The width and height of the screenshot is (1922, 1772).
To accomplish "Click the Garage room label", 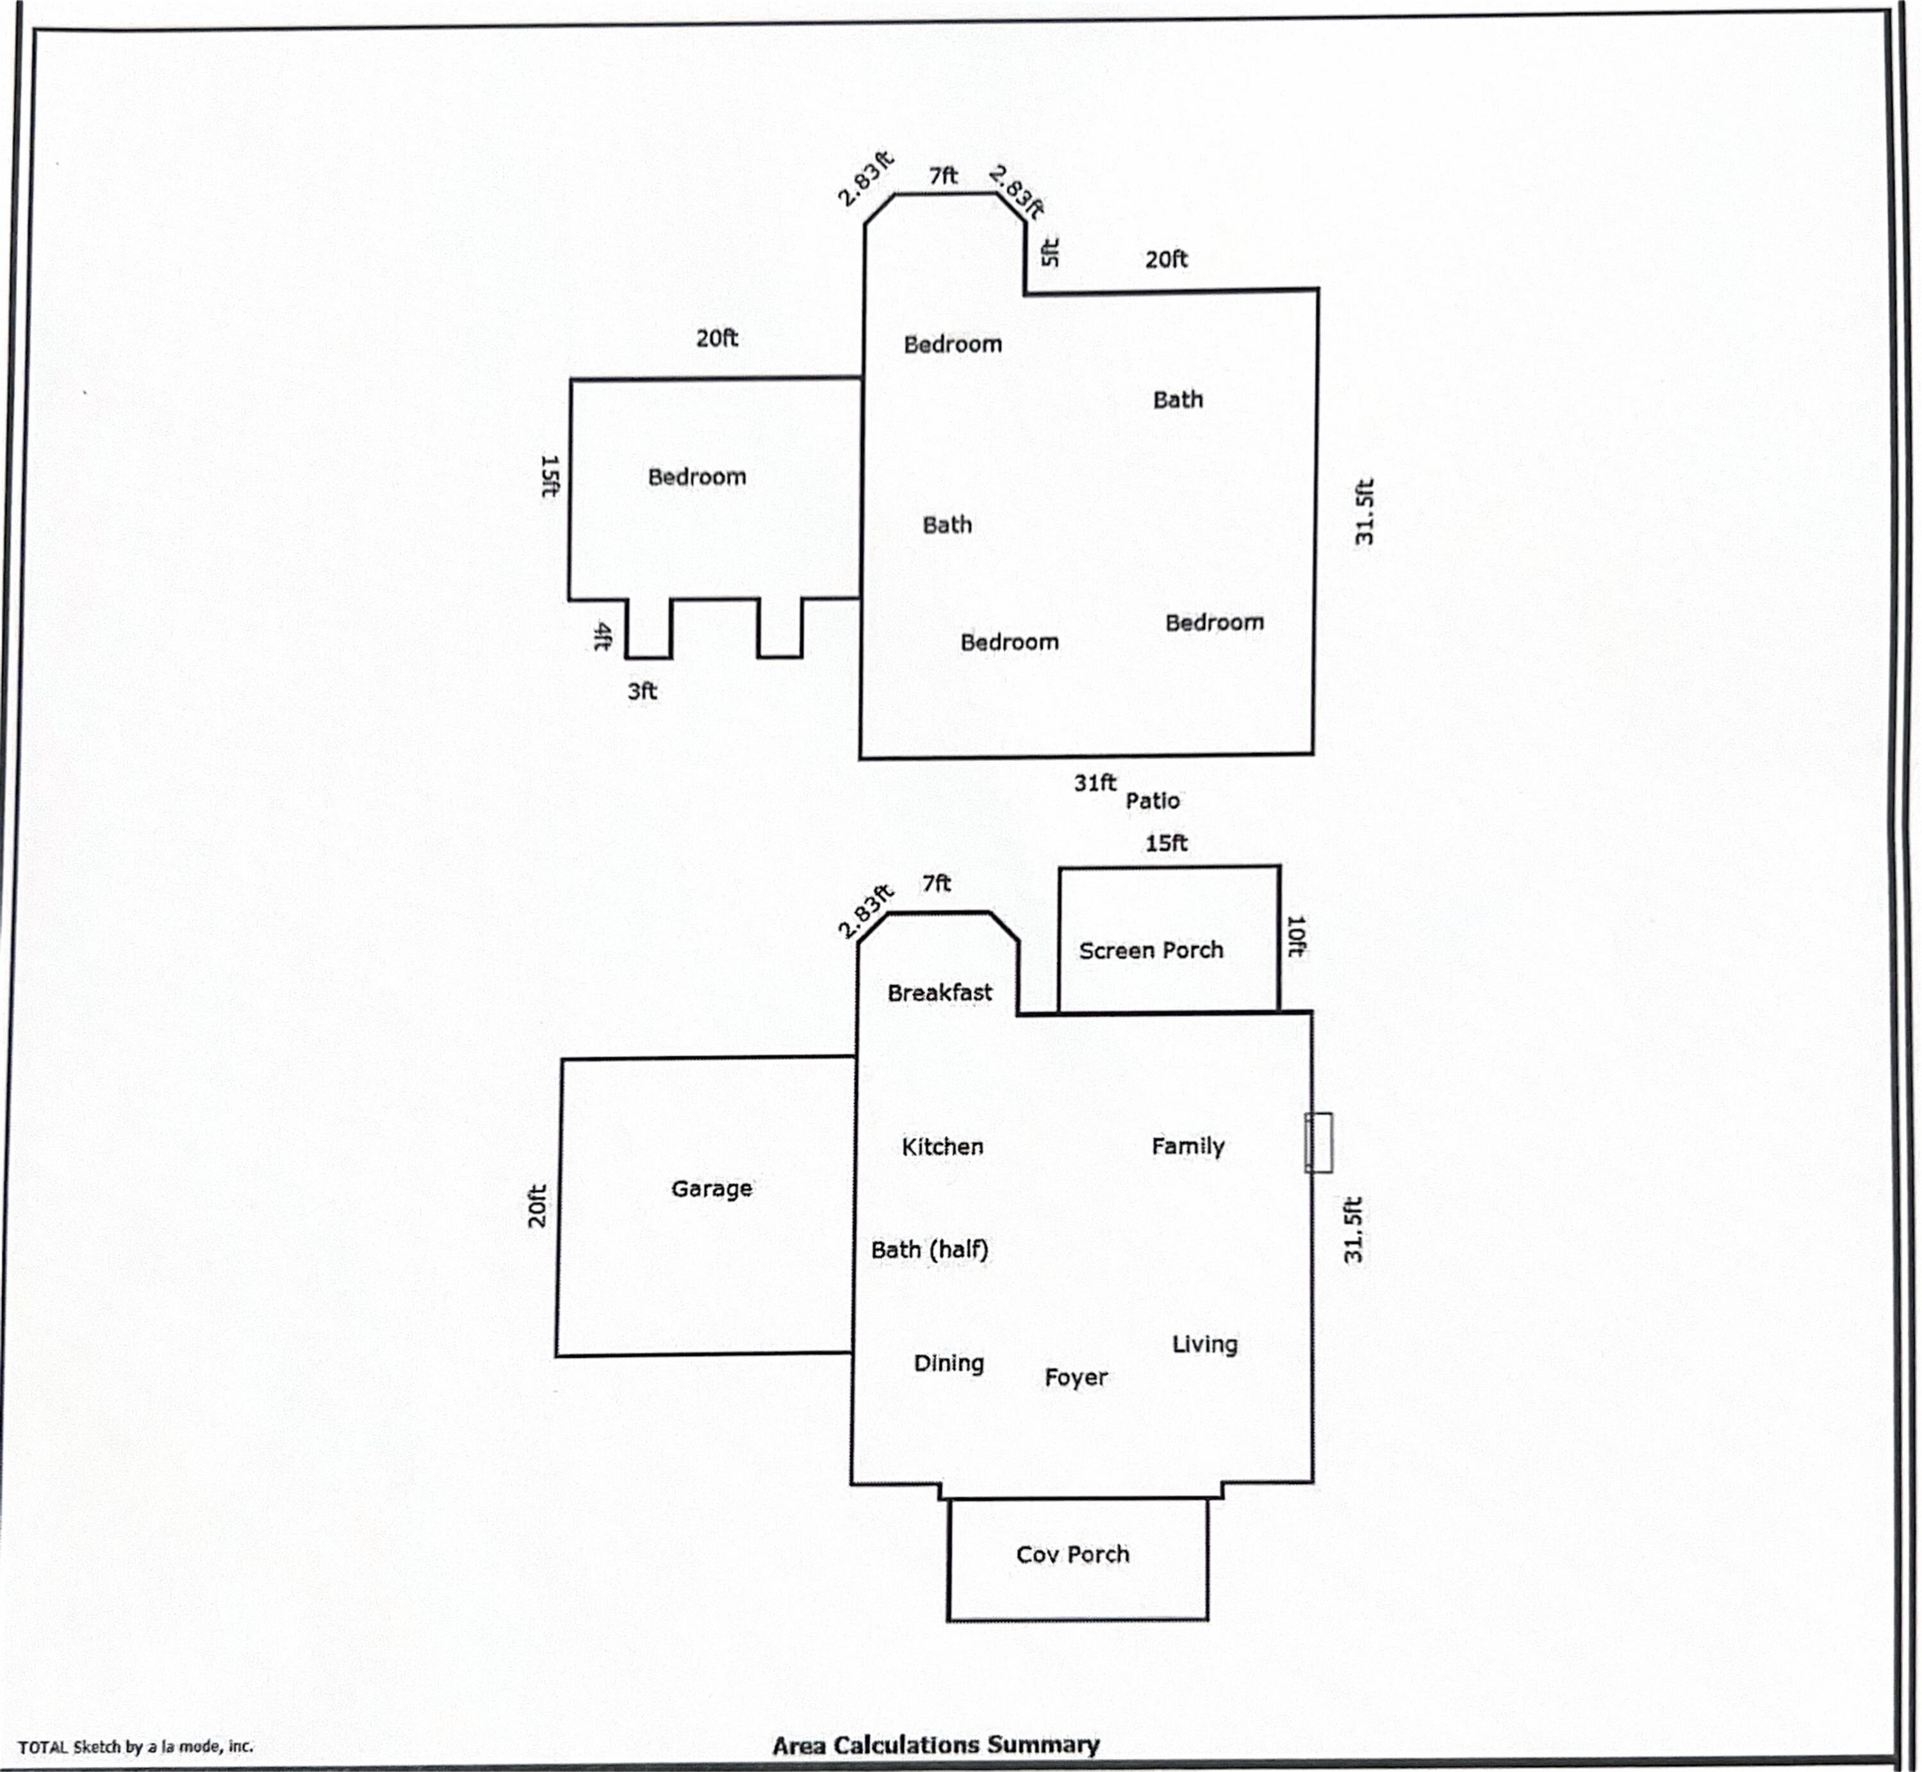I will tap(710, 1189).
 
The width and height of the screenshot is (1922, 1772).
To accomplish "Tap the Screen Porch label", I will tap(1150, 950).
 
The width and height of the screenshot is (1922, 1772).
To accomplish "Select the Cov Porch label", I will tap(1072, 1554).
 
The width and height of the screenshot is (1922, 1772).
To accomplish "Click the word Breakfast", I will tap(939, 993).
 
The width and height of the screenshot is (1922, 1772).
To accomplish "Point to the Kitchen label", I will tap(942, 1147).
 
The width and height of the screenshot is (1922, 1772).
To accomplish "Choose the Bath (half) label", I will tap(928, 1249).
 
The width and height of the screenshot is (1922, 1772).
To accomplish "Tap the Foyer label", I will tap(1075, 1378).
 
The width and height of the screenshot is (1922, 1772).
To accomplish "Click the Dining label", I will tap(948, 1363).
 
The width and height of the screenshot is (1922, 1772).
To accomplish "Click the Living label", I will tap(1204, 1344).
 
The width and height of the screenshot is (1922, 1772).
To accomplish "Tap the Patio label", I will tap(1152, 801).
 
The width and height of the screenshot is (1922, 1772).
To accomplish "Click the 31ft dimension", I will tap(1094, 783).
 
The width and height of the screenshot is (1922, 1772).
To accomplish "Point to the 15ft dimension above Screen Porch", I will tap(1165, 843).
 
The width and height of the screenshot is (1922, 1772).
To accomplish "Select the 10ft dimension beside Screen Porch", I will tap(1295, 937).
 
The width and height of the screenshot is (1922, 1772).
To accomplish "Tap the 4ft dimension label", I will tap(602, 636).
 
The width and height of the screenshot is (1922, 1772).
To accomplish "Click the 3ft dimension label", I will tap(641, 692).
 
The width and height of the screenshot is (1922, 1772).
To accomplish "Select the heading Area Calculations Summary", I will tap(935, 1744).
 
